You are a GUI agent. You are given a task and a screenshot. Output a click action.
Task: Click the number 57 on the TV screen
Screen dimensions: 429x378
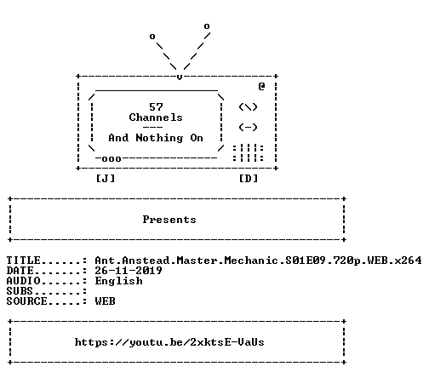[156, 107]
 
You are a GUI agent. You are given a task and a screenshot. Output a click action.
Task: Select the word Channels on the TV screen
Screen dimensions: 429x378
[156, 117]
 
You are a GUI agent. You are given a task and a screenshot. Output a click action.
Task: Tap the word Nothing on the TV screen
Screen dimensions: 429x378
[159, 138]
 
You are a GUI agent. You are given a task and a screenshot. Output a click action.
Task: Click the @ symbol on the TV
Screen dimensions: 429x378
[261, 86]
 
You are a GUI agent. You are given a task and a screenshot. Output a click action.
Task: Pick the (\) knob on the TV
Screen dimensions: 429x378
[248, 107]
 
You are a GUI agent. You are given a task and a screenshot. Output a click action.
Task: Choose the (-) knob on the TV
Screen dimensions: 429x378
[248, 128]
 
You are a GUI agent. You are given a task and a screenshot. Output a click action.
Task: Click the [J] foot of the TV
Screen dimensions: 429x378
[106, 179]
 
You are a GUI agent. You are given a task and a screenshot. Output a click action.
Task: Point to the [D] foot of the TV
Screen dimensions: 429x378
[249, 179]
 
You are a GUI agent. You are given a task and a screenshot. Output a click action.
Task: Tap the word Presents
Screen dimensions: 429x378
[169, 220]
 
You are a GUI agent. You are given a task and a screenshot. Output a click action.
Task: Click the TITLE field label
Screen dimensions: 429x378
[24, 261]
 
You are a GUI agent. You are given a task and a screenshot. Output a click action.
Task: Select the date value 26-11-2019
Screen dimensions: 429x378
[129, 271]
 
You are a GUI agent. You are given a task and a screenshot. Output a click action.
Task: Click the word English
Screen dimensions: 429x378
[119, 281]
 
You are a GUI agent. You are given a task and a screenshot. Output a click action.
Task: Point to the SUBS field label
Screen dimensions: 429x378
[20, 291]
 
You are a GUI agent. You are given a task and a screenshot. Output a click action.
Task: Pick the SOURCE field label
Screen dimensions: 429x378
[27, 301]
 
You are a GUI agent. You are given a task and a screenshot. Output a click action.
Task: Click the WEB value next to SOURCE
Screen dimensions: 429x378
[106, 301]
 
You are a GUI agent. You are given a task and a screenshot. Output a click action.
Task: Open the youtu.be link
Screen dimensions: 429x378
[169, 342]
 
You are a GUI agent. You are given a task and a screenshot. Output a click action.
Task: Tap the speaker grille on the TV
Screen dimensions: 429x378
[248, 153]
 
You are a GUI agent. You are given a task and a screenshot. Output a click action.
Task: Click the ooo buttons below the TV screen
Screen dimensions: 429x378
[112, 159]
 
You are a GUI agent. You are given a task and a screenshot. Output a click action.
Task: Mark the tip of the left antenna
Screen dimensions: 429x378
[152, 37]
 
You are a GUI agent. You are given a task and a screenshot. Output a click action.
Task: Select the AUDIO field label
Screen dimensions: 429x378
[24, 281]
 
